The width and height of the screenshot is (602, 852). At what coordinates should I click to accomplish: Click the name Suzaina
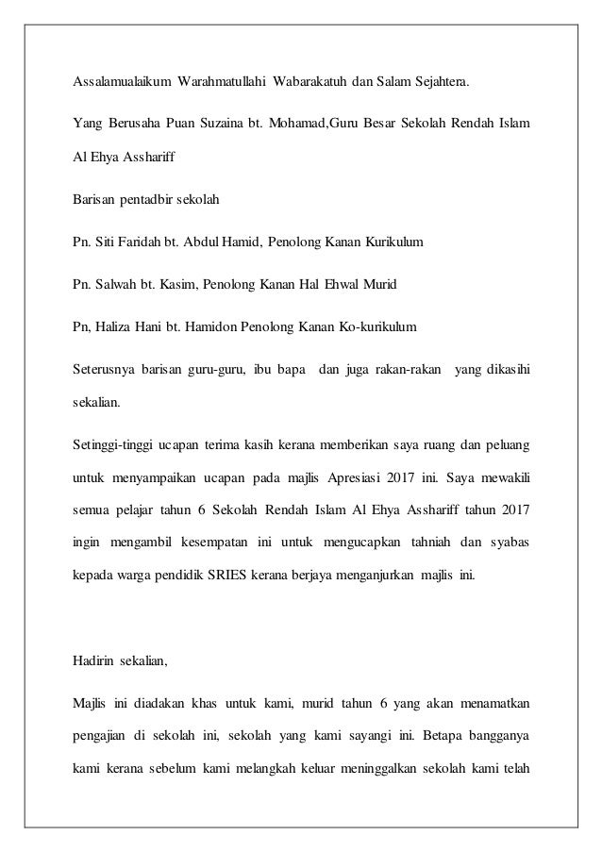(211, 123)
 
